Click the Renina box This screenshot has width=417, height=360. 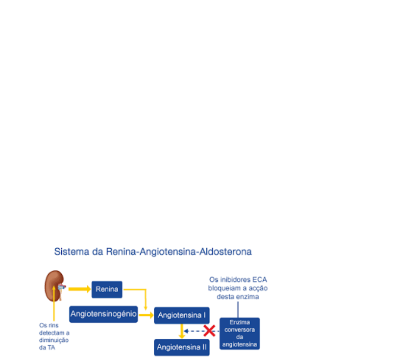tap(107, 289)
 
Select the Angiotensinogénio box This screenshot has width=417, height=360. tap(103, 314)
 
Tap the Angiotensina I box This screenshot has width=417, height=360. tap(182, 315)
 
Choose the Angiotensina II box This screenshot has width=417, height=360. tap(182, 347)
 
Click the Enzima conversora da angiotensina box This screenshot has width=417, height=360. tap(240, 334)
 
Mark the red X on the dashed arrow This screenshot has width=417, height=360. tap(209, 331)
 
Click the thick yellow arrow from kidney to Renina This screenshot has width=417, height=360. tap(79, 289)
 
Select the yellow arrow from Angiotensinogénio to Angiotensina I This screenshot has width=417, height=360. tap(146, 315)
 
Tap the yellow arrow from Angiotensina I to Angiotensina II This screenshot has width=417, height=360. tap(182, 331)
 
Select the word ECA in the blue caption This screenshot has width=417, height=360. tap(258, 280)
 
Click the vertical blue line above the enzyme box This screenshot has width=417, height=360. tap(238, 309)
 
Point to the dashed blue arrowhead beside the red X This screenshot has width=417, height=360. tap(187, 331)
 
